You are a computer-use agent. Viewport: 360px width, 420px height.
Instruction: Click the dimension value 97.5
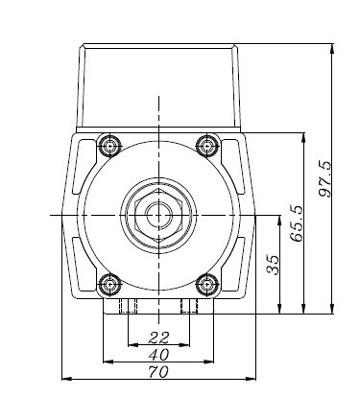pos(325,178)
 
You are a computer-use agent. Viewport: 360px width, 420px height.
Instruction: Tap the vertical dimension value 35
pos(273,265)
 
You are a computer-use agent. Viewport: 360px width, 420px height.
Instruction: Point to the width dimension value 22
pos(158,338)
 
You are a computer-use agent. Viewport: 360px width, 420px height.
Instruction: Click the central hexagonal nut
pos(156,215)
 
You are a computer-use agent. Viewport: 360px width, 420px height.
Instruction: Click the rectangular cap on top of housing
pos(157,86)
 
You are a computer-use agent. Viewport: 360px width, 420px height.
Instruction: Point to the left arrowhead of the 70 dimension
pos(65,379)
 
